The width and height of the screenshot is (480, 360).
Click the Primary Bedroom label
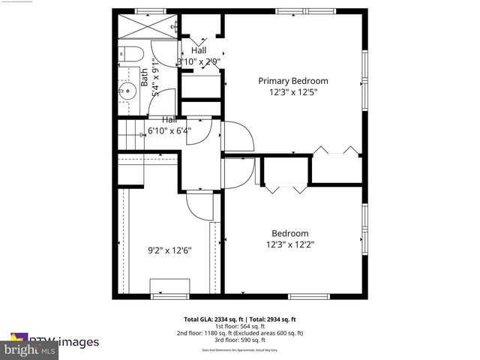coord(293,81)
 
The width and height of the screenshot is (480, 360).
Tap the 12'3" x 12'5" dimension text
coord(293,92)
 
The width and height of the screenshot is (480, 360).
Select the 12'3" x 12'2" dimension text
coord(289,244)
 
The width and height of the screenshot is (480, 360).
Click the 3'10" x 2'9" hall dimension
coord(198,61)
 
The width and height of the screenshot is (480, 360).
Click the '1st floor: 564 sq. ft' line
coord(240,326)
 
